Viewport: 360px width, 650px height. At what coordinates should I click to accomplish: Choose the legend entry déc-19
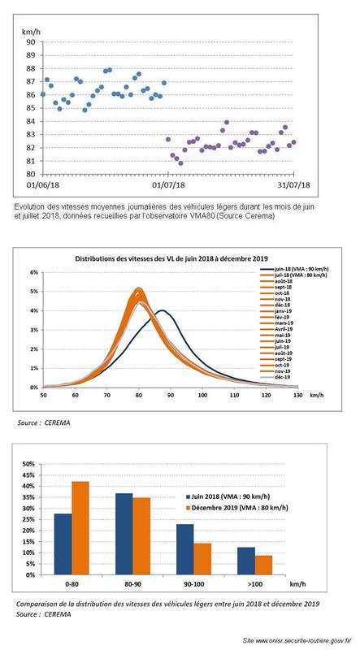click(x=284, y=379)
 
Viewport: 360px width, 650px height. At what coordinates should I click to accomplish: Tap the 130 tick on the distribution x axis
click(x=297, y=395)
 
